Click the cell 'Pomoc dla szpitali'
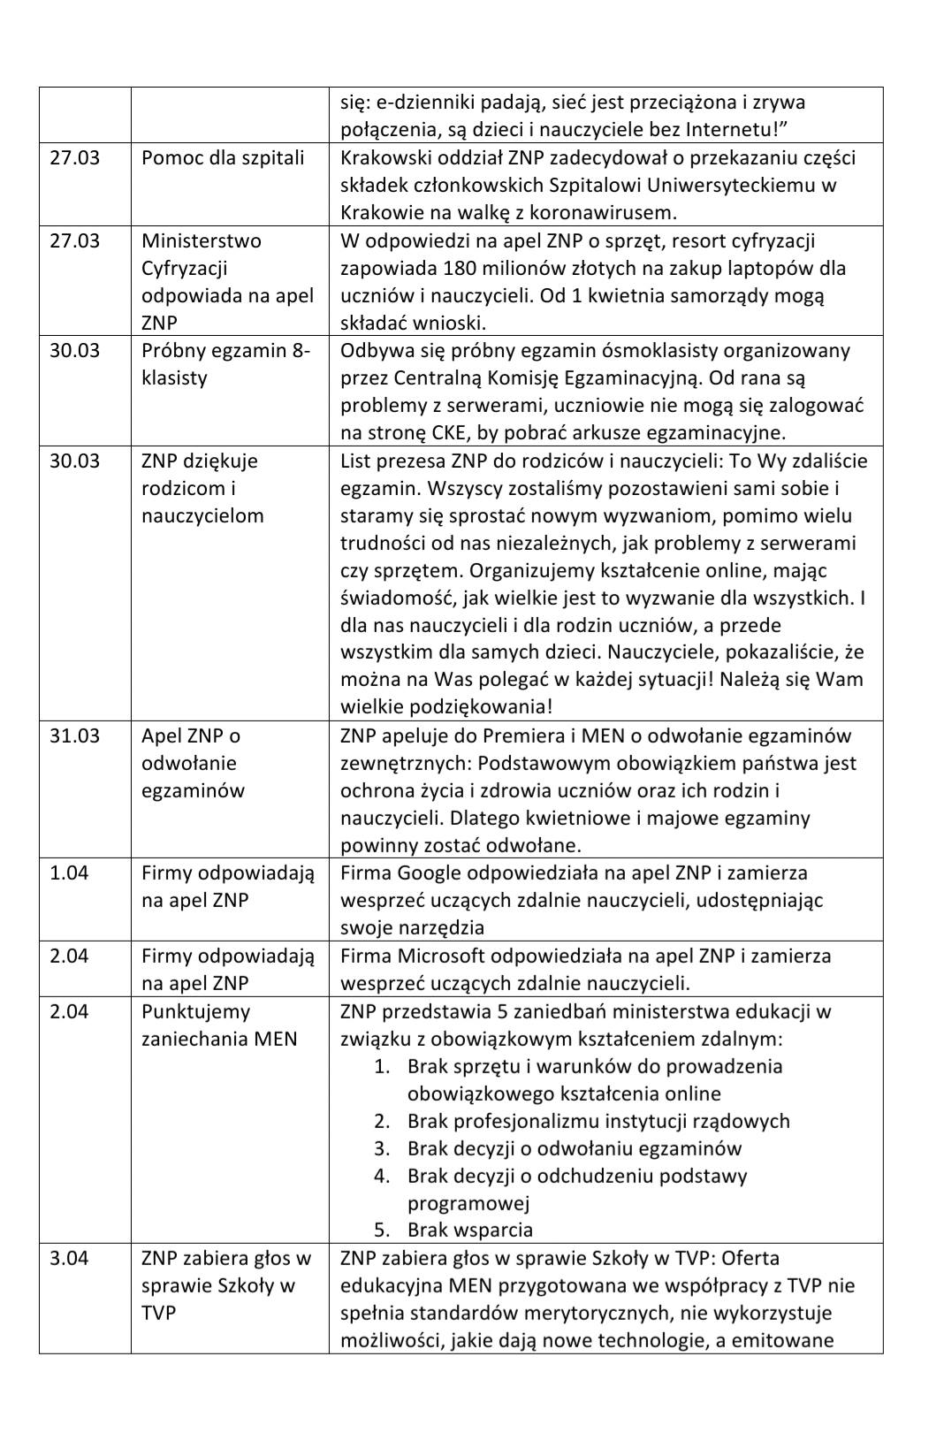tap(223, 158)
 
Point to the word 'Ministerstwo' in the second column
tap(202, 241)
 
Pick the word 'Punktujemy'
tap(196, 1012)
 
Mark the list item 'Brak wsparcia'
tap(469, 1231)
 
